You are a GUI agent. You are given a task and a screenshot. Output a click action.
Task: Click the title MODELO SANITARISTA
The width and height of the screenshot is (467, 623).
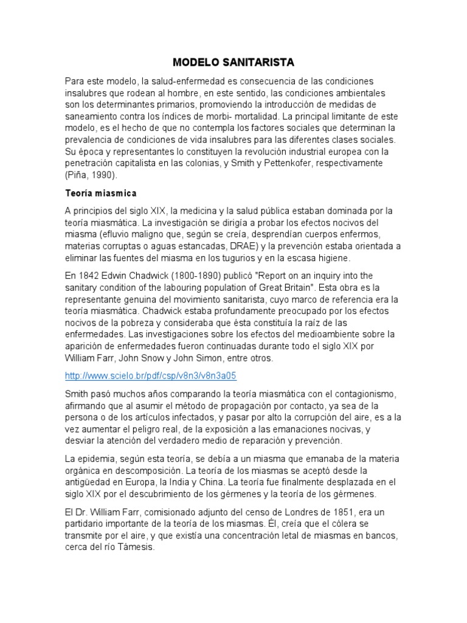[233, 63]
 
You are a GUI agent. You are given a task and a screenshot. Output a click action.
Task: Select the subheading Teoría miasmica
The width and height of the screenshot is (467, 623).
[101, 193]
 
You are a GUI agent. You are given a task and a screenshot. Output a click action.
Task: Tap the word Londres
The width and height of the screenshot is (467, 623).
[300, 511]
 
